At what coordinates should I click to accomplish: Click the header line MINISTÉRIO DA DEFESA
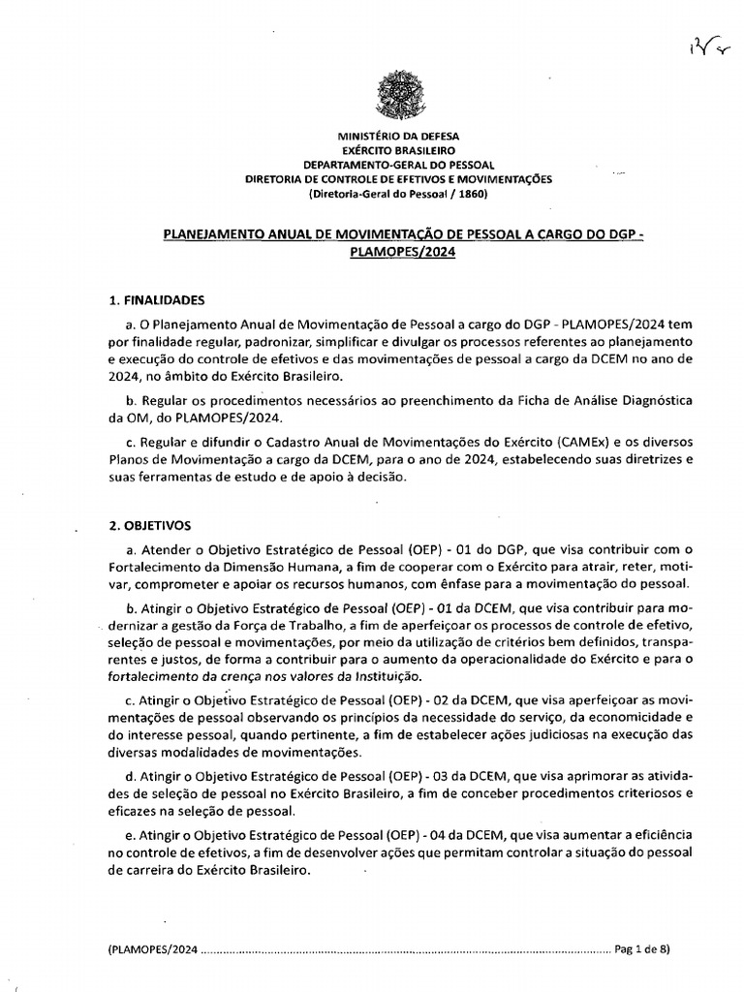pyautogui.click(x=398, y=138)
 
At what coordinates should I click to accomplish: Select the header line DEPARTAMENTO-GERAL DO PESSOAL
pyautogui.click(x=398, y=166)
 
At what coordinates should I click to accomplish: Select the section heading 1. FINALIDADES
pyautogui.click(x=156, y=300)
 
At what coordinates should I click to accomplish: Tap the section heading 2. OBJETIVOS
pyautogui.click(x=149, y=526)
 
